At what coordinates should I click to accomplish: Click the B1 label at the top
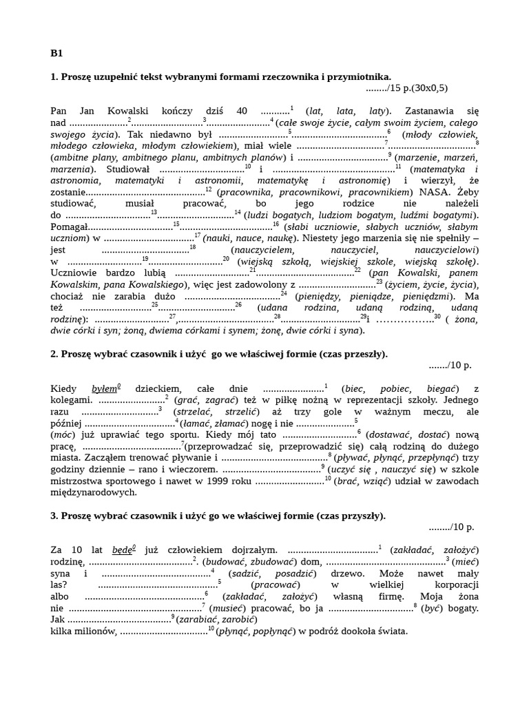[57, 53]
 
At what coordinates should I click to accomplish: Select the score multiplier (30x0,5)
[431, 87]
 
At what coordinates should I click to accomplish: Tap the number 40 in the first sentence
[241, 111]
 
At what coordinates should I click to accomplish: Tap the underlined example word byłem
[105, 389]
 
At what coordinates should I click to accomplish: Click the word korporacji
[455, 585]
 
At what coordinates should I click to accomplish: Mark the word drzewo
[340, 573]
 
